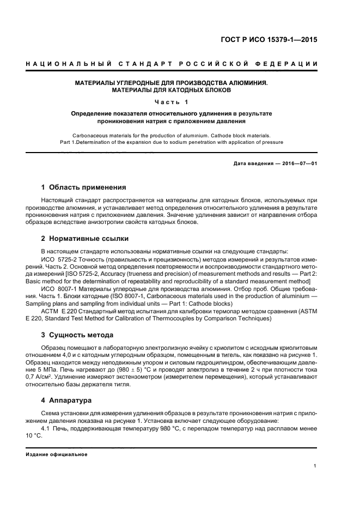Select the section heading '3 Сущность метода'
pos(77,335)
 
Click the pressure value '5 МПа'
pos(53,369)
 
